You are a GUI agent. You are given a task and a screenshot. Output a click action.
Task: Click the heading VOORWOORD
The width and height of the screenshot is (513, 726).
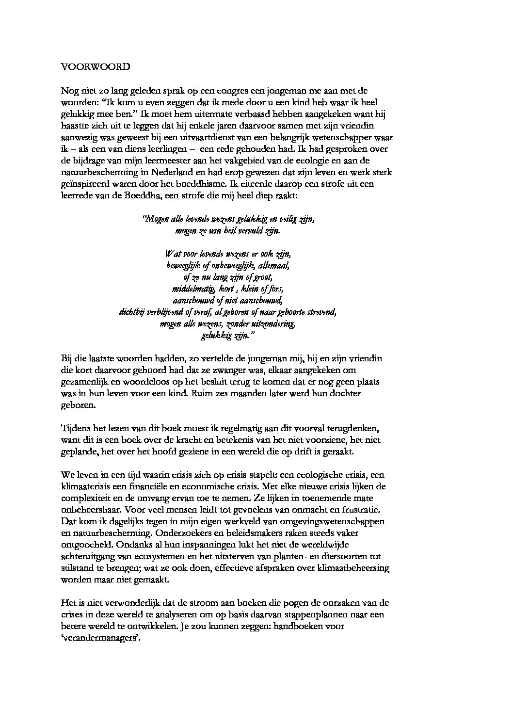[96, 67]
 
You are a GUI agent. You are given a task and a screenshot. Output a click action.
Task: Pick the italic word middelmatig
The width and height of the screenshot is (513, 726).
[191, 289]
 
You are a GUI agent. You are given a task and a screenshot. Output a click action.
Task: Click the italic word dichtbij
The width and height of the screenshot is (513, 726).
[134, 312]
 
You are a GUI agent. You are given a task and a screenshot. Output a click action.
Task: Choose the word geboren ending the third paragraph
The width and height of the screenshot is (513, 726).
[77, 405]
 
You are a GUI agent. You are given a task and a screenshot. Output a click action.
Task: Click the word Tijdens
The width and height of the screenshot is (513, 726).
[75, 428]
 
